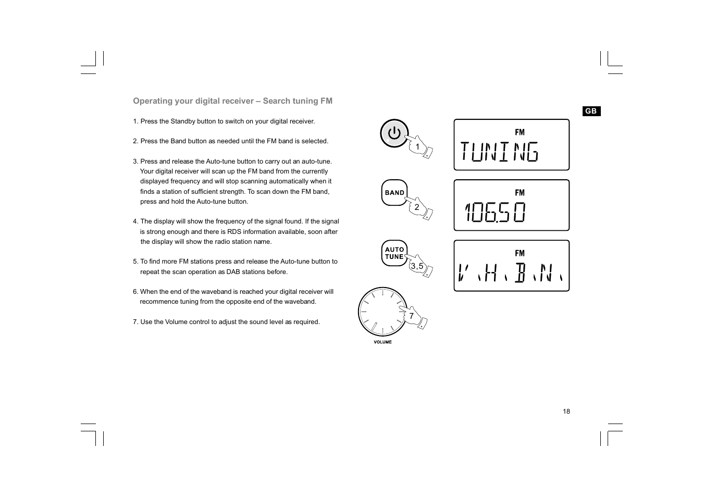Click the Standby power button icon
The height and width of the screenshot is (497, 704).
click(394, 133)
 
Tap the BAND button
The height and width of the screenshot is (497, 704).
click(394, 193)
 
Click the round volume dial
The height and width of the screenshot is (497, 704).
click(382, 312)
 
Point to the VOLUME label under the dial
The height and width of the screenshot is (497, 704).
click(382, 342)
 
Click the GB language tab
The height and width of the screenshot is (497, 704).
click(591, 111)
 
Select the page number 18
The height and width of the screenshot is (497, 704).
click(566, 412)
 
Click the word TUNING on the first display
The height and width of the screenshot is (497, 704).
click(499, 152)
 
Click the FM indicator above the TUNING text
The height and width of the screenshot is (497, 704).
click(520, 132)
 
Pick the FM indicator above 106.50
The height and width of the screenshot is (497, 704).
click(520, 193)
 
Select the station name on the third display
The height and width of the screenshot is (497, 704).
click(511, 272)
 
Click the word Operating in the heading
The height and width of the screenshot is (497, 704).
click(153, 101)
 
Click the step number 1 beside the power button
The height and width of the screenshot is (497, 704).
click(417, 147)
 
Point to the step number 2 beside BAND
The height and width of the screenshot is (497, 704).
click(417, 207)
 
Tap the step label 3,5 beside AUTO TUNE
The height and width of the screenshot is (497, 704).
click(416, 266)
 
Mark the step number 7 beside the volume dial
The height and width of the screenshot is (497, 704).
click(411, 316)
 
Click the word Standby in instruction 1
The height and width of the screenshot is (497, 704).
click(183, 121)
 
